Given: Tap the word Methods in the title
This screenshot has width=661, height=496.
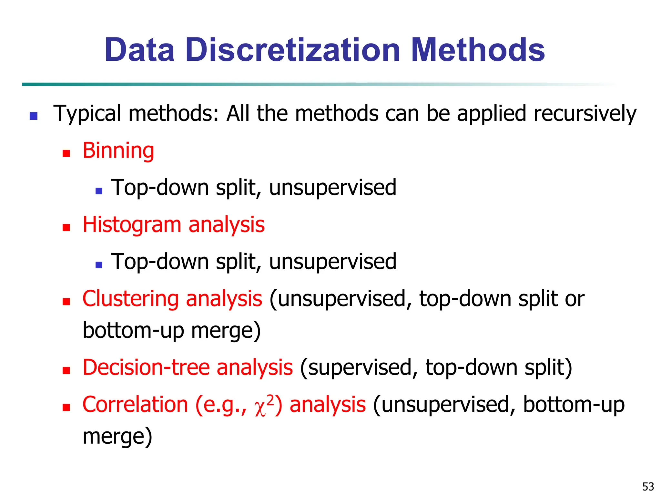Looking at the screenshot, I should click(478, 50).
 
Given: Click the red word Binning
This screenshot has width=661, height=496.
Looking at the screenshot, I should click(118, 151).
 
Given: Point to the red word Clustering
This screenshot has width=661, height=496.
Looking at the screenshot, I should click(130, 299).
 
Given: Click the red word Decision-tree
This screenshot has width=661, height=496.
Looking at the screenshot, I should click(146, 367).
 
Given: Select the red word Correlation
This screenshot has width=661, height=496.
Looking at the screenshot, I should click(135, 405).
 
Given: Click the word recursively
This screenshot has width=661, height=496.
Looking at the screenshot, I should click(585, 114).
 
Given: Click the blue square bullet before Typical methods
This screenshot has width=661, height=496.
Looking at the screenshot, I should click(34, 116).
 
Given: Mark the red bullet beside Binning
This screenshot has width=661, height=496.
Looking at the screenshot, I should click(66, 153).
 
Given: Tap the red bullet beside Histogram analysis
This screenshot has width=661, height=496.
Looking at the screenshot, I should click(66, 228).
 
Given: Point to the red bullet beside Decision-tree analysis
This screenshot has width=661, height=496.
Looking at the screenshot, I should click(66, 370).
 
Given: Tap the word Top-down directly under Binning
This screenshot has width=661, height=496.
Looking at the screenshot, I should click(160, 188).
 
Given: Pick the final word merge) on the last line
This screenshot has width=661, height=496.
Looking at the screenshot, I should click(117, 436).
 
